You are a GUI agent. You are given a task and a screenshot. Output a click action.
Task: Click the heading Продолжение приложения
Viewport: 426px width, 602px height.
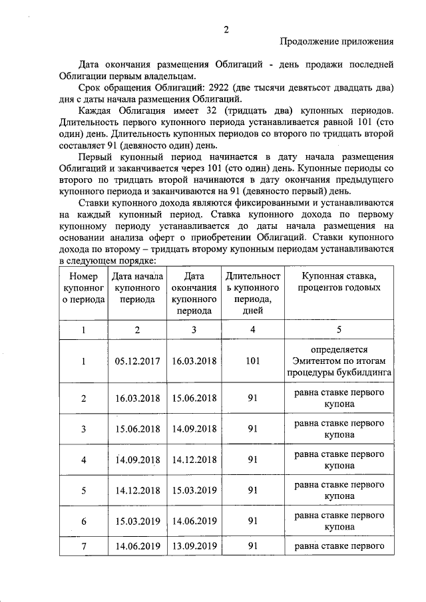[336, 41]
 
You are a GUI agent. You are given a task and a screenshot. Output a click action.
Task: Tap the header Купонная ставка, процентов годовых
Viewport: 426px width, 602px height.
[339, 282]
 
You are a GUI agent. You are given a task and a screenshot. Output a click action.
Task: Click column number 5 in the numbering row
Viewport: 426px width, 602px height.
[339, 329]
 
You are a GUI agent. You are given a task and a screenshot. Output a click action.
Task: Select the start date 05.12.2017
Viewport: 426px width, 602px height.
[137, 361]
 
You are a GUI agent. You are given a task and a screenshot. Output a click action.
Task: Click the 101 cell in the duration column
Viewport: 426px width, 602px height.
[252, 361]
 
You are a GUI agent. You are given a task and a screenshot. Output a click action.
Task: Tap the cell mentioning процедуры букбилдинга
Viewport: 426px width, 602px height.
[339, 373]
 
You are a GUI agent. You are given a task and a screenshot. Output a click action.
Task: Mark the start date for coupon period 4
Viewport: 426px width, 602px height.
[137, 460]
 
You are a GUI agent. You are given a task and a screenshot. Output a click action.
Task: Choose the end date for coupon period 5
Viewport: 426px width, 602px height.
[194, 490]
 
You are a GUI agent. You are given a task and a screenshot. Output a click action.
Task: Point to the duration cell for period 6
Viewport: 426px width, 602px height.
[252, 521]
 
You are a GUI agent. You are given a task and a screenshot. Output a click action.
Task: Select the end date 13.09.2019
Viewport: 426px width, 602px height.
[194, 546]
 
